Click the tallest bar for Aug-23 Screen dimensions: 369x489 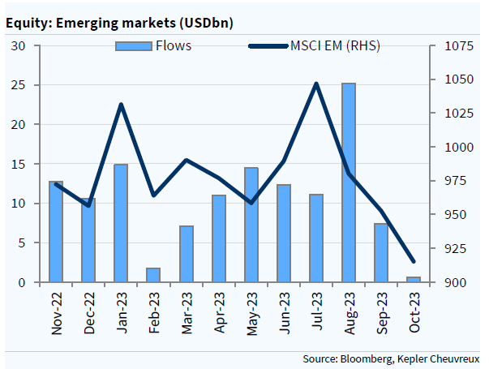[349, 182]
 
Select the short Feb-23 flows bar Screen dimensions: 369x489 [153, 275]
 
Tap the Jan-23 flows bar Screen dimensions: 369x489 [121, 223]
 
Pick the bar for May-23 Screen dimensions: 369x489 [251, 225]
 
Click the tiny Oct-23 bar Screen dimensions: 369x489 [414, 280]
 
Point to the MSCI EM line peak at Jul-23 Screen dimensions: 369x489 [316, 84]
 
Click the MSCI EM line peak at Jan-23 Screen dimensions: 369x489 [121, 105]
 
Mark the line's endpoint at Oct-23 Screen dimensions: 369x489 [414, 261]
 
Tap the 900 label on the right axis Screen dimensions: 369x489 [448, 282]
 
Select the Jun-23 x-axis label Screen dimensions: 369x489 [284, 311]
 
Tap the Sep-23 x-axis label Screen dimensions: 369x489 [381, 311]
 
